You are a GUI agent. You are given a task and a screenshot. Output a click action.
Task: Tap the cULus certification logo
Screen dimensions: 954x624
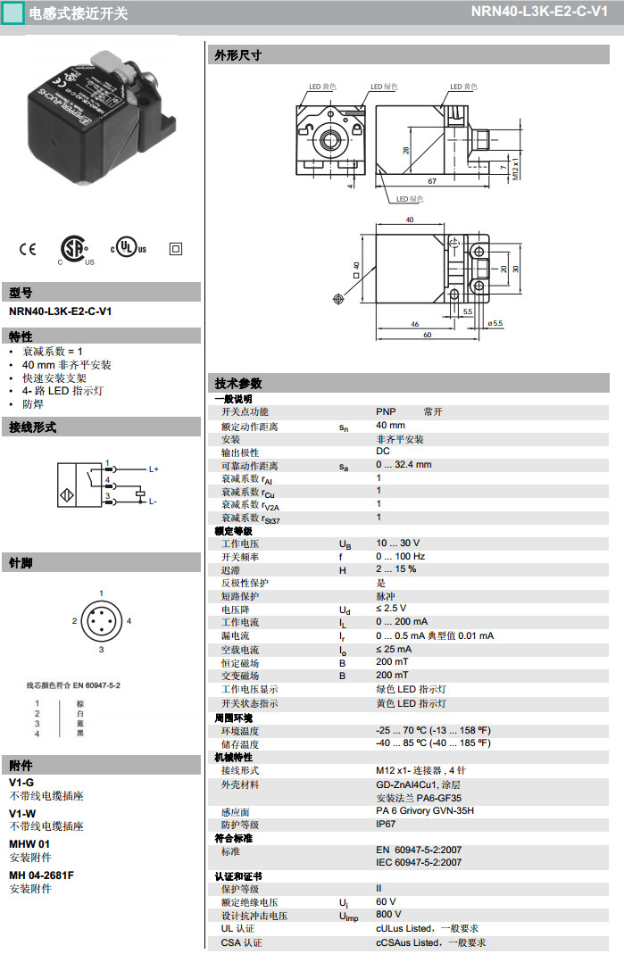coord(129,248)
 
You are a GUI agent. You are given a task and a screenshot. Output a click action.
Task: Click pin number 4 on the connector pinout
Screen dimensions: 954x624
coord(129,620)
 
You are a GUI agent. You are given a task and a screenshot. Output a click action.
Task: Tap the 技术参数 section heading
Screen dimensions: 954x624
coord(238,383)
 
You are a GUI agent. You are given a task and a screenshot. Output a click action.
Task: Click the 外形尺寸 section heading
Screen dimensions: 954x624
coord(238,55)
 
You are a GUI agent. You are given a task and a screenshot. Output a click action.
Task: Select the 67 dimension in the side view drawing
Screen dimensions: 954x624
coord(431,181)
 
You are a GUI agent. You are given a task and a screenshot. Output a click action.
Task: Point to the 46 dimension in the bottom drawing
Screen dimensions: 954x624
coord(415,324)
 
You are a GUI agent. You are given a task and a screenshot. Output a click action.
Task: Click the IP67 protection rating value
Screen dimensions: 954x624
coord(387,825)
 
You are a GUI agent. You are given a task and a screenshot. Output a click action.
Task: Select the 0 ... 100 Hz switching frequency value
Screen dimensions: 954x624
coord(400,556)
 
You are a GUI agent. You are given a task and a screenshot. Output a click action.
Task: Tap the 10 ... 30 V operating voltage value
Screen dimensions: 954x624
coord(397,543)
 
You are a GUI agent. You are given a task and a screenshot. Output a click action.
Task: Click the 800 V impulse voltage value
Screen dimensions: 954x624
coord(388,914)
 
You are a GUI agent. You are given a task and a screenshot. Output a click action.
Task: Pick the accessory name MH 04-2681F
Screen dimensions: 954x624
coord(41,875)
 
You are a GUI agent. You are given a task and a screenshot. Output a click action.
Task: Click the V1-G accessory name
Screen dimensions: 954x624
coord(21,782)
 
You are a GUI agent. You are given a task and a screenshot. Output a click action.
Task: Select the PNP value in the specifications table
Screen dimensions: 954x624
coord(386,412)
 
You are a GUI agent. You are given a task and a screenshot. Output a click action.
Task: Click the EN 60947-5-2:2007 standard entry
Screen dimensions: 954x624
coord(419,850)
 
